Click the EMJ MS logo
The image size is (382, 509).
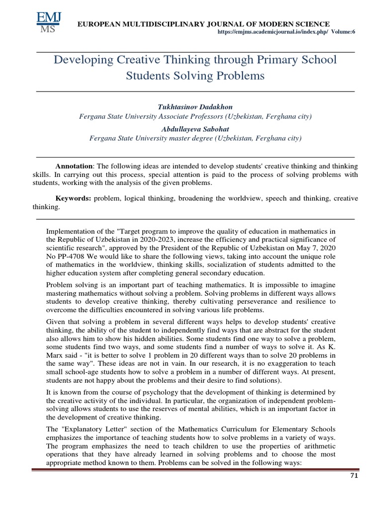(48, 23)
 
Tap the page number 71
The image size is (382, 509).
(354, 476)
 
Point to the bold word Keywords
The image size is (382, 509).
(73, 198)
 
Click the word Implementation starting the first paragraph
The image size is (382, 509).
(71, 231)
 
